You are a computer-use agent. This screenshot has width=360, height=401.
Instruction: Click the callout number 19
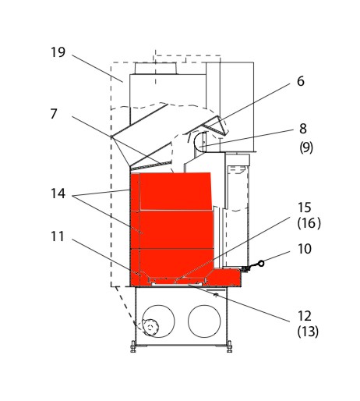(x=58, y=52)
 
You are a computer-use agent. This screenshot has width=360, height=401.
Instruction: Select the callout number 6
(x=301, y=81)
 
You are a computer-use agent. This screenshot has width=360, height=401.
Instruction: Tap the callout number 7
(x=54, y=114)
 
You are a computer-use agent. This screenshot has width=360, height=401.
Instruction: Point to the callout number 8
(x=303, y=129)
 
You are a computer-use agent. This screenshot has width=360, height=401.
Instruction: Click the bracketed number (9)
(x=306, y=147)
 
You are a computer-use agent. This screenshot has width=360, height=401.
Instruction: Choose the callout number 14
(x=58, y=193)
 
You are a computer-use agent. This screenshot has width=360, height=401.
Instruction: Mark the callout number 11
(x=57, y=236)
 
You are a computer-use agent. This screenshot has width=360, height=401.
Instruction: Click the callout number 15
(x=304, y=208)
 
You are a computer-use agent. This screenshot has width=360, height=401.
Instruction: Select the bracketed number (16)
(x=309, y=223)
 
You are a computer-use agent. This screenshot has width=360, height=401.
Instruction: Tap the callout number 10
(x=304, y=249)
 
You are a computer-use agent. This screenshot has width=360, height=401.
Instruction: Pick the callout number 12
(x=304, y=316)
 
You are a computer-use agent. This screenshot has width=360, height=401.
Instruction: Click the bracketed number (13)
(x=308, y=332)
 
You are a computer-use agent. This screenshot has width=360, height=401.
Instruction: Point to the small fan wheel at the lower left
(x=150, y=328)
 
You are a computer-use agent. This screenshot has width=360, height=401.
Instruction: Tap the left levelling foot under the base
(x=133, y=346)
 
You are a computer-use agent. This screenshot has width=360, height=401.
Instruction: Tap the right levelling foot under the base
(x=229, y=346)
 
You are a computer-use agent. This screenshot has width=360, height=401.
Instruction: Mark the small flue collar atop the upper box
(x=156, y=69)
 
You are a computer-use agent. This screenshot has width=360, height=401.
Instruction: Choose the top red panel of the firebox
(x=175, y=191)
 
